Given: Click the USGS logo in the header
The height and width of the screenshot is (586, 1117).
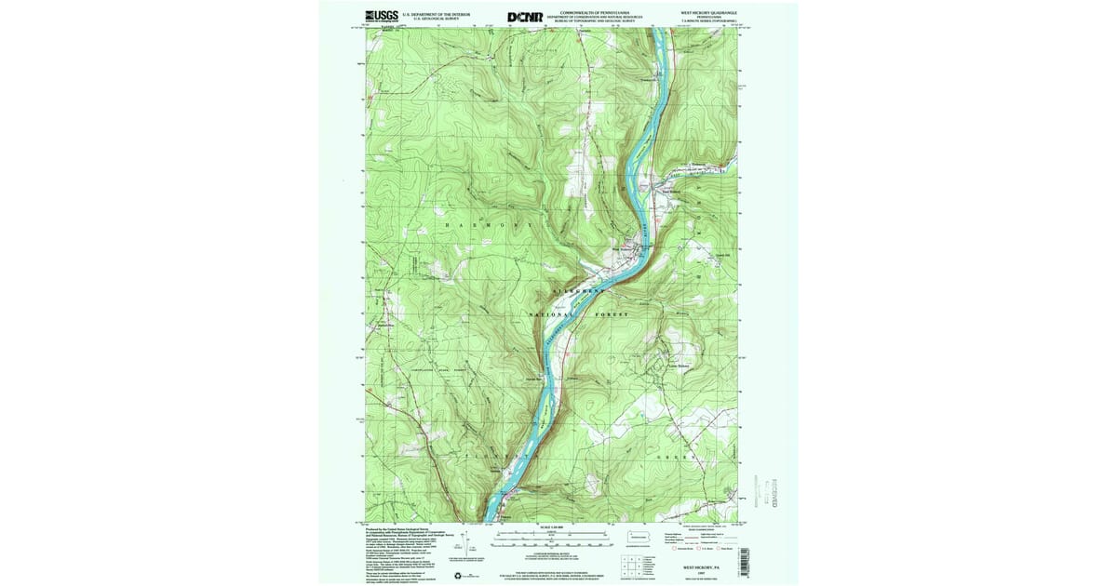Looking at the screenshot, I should pyautogui.click(x=383, y=17).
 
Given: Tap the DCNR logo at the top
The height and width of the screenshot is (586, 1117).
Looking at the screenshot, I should pyautogui.click(x=525, y=17).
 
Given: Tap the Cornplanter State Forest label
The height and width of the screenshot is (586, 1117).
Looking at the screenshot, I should pyautogui.click(x=437, y=370).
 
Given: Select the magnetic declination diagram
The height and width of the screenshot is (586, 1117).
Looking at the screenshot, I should pyautogui.click(x=455, y=555).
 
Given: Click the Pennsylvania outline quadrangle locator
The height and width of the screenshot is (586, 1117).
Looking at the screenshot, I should pyautogui.click(x=638, y=537).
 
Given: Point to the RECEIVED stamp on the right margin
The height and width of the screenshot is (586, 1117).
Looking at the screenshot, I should pyautogui.click(x=772, y=487).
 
